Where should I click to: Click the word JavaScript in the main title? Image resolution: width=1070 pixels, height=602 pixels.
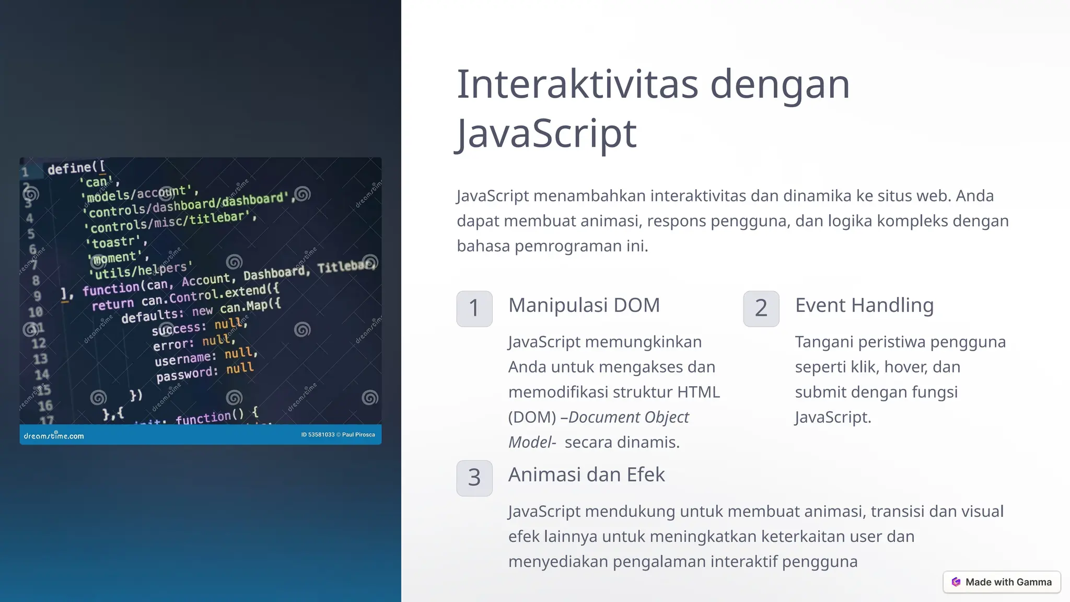pos(546,134)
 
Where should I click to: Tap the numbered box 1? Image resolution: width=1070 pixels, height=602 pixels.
pos(474,308)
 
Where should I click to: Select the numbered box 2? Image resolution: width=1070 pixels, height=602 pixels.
pos(761,308)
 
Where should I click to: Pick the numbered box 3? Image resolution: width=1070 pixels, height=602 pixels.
pos(474,478)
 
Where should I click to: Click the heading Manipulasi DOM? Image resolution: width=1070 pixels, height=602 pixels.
pos(584,305)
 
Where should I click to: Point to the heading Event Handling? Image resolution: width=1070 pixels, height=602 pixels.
pos(864,305)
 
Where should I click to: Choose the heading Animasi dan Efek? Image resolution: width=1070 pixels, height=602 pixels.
pos(586,474)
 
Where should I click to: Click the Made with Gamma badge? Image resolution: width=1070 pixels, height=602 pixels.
pos(1002,582)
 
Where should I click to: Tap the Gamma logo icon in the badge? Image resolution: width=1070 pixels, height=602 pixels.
pos(956,582)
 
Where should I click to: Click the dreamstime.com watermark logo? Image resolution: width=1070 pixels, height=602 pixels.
pos(54,435)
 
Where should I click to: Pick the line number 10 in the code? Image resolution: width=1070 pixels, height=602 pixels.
pos(36,312)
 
